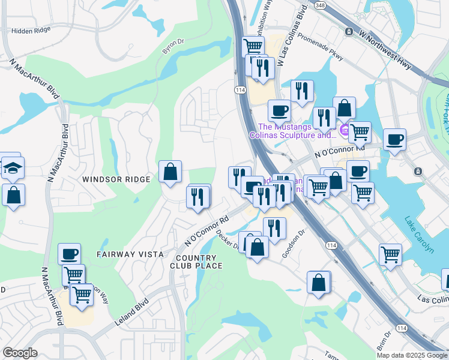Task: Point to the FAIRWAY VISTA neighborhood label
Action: click(x=130, y=254)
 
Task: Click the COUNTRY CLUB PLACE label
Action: click(x=196, y=261)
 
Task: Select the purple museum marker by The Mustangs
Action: click(x=345, y=130)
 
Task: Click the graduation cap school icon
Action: click(x=12, y=169)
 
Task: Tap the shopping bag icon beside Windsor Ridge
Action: click(x=170, y=172)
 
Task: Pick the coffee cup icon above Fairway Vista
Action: click(x=69, y=253)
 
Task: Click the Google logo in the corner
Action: click(x=20, y=353)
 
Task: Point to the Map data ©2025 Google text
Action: click(x=412, y=355)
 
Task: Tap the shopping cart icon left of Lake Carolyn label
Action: click(x=391, y=254)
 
